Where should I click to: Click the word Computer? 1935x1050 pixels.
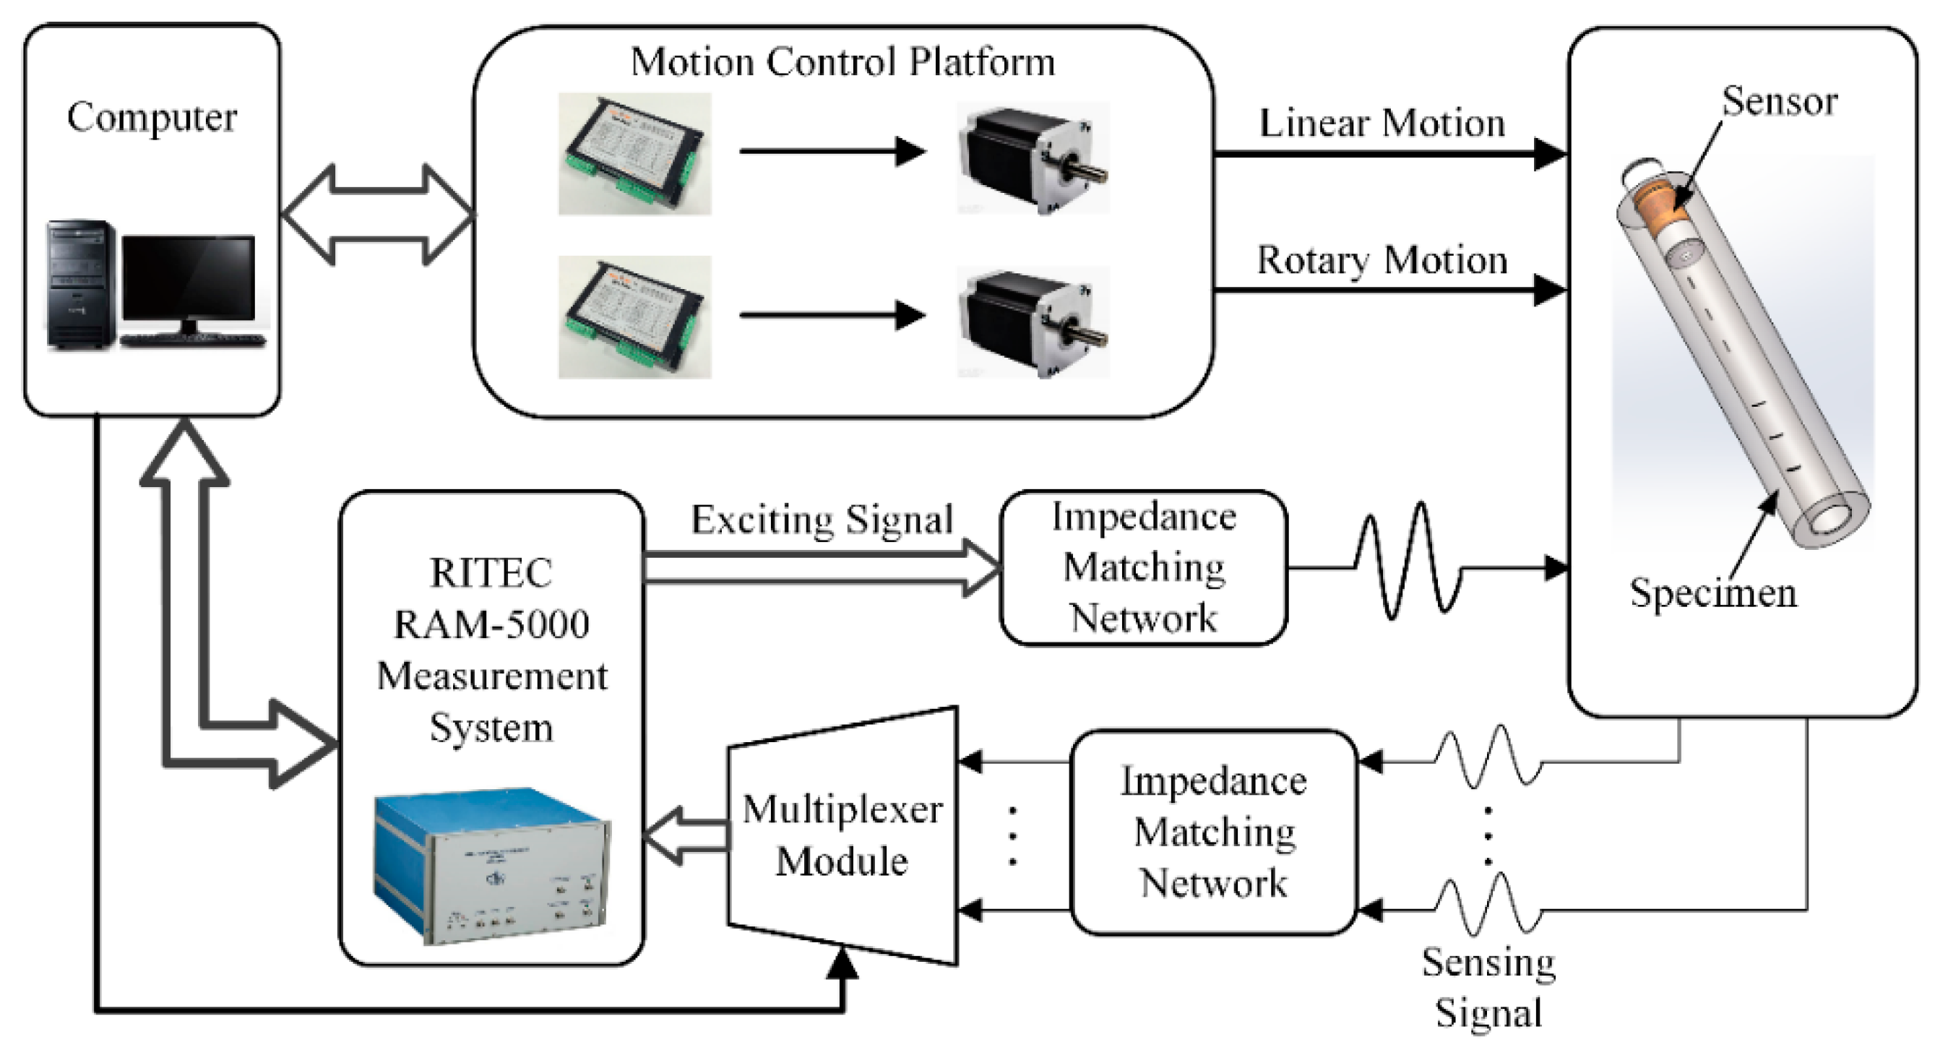pos(152,118)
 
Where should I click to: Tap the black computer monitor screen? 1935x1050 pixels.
pos(189,277)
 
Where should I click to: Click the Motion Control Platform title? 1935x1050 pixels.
pos(842,61)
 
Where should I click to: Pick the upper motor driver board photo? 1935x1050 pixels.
pos(634,154)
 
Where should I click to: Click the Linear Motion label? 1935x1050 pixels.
pos(1382,124)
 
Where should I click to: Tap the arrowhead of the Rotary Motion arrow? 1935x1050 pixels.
pos(1549,290)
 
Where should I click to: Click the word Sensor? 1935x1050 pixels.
pos(1779,101)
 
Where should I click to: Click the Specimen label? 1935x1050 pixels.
pos(1712,593)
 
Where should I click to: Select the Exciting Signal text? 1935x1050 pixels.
pos(822,520)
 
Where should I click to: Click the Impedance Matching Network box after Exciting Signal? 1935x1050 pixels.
pos(1143,568)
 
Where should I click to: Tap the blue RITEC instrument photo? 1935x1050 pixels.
pos(492,864)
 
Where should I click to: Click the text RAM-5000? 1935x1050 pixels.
pos(492,624)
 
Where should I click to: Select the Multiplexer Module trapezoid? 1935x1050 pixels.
pos(842,835)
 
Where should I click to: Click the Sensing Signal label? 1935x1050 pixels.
pos(1488,987)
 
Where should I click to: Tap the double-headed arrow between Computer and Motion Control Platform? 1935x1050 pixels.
pos(377,215)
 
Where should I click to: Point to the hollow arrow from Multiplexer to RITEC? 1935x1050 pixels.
pos(685,835)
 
